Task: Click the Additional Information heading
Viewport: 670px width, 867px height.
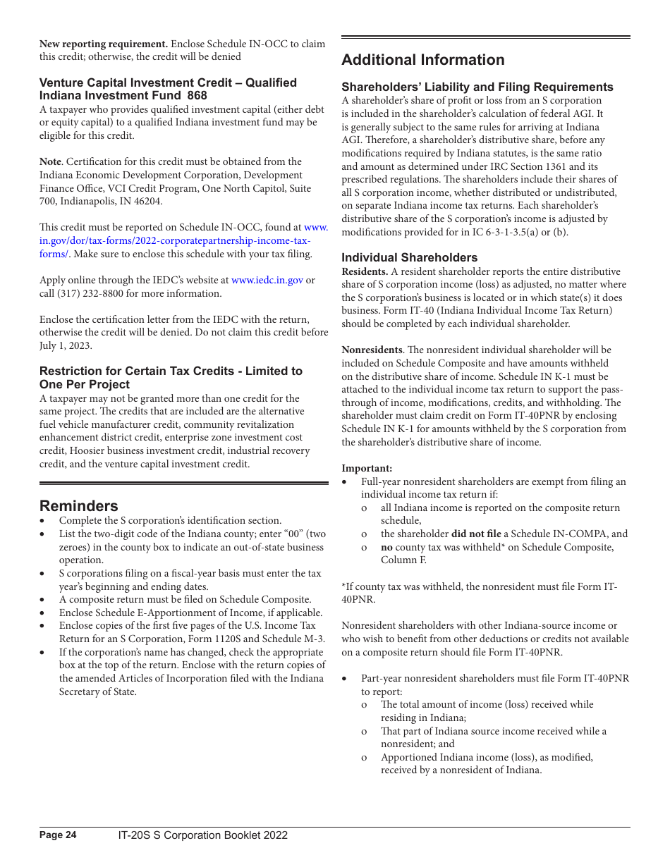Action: point(423,60)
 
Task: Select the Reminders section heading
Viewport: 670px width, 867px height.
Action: point(79,506)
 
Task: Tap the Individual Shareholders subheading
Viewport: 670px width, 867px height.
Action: point(409,257)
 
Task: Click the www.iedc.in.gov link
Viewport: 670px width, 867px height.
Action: point(267,280)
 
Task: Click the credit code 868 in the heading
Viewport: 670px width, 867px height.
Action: point(197,96)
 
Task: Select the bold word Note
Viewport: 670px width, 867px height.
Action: point(50,161)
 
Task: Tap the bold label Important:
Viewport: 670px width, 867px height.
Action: point(367,468)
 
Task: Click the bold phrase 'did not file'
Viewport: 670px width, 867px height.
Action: point(476,534)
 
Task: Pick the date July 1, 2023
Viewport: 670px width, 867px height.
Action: point(66,345)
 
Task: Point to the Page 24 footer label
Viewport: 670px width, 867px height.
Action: point(58,835)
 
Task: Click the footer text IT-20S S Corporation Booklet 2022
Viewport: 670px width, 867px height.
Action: point(203,835)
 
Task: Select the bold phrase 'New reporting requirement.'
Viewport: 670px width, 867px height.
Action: point(104,44)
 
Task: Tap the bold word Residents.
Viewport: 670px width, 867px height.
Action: point(365,271)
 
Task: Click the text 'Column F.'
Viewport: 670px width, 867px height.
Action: point(404,560)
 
